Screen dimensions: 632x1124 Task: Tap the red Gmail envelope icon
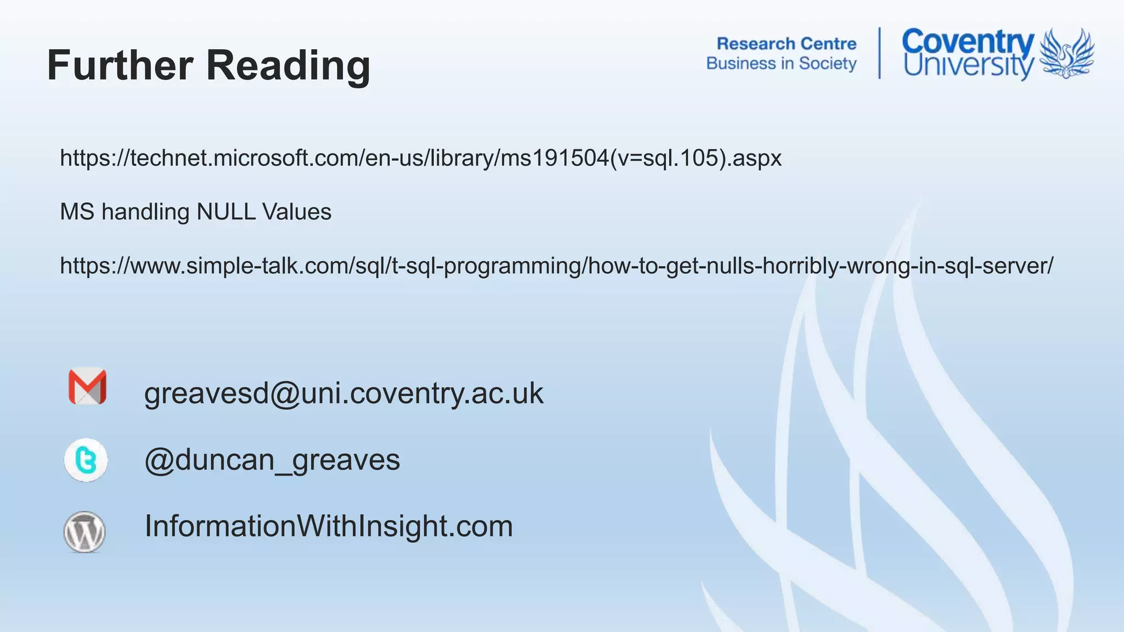coord(87,386)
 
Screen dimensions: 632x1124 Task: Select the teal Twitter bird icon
coord(86,460)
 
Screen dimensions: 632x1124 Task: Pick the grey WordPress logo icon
coord(85,532)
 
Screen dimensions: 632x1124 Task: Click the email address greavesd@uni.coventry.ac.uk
coord(344,393)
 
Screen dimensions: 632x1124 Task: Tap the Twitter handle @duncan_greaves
coord(272,460)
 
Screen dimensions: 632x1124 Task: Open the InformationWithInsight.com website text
coord(329,526)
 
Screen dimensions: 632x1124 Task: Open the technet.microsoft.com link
coord(420,158)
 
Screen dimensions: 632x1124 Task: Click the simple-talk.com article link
coord(557,266)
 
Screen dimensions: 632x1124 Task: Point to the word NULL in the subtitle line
coord(226,212)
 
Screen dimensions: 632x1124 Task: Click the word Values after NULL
coord(297,212)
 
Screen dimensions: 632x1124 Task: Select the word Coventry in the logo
coord(968,42)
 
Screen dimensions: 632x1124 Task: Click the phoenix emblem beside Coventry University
coord(1066,53)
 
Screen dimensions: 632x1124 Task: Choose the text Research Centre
coord(786,43)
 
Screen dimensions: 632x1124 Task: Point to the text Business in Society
coord(781,64)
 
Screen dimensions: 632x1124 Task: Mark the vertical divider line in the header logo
coord(880,53)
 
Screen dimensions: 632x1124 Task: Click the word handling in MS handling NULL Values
coord(145,212)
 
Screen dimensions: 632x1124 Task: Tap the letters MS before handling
coord(77,212)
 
